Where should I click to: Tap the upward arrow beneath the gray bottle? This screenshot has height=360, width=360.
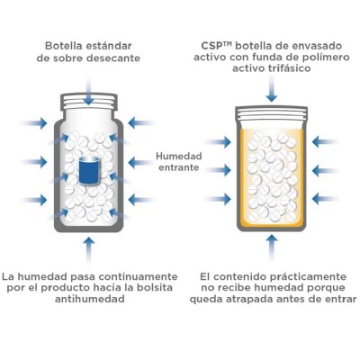click(x=88, y=247)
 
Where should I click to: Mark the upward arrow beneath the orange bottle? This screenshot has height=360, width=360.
click(x=271, y=247)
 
